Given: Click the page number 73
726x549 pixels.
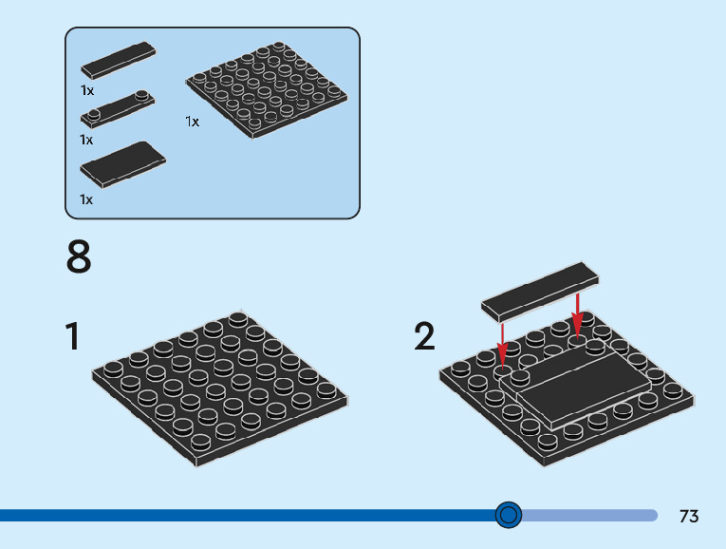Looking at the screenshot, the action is [x=689, y=517].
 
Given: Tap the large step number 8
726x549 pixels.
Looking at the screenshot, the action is [x=80, y=257].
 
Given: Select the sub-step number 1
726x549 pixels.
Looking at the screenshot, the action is [x=72, y=337].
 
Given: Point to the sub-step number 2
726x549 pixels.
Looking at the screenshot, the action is [x=424, y=337].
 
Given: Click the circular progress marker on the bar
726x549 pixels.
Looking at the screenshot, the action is [x=509, y=515].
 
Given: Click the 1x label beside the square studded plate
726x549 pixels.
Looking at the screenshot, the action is [x=193, y=122].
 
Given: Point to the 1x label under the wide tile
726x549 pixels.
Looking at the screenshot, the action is [x=86, y=199].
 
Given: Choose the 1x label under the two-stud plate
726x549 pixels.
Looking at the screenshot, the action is [x=86, y=140].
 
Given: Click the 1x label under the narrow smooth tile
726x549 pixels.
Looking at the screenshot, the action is [x=86, y=90].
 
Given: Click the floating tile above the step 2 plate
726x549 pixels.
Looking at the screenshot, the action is [x=541, y=289].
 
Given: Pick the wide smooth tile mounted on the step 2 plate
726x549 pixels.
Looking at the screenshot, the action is [x=581, y=380].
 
